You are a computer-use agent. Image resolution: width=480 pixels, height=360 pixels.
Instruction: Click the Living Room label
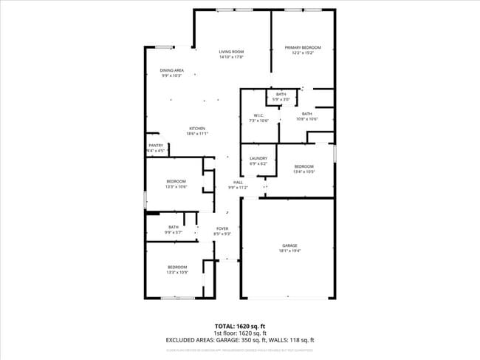[230, 51]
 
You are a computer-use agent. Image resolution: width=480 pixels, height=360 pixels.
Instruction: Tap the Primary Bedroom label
[303, 47]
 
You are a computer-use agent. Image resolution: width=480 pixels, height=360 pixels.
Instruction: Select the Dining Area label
[172, 70]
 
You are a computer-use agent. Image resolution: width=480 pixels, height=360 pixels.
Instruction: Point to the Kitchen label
[196, 129]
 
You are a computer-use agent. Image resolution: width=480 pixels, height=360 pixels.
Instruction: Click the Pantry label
[156, 146]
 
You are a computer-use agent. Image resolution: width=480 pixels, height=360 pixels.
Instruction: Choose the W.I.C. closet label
[259, 115]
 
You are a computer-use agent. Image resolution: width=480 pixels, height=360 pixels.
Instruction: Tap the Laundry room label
[258, 158]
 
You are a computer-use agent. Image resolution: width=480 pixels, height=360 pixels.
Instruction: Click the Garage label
[289, 245]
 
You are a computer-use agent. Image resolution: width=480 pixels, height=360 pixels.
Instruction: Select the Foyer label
[222, 228]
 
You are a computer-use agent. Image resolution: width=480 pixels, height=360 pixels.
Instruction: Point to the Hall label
[238, 182]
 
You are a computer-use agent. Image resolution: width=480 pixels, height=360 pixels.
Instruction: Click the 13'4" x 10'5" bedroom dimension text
[304, 171]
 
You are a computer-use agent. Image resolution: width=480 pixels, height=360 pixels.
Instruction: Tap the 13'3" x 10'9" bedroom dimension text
[176, 273]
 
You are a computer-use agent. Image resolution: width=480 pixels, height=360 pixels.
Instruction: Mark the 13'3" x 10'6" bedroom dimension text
[176, 186]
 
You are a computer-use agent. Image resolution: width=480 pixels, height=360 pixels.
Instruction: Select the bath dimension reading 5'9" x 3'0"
[281, 99]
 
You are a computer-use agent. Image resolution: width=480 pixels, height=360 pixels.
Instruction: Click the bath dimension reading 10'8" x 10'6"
[306, 119]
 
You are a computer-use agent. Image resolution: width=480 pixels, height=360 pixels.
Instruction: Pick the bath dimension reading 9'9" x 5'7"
[174, 232]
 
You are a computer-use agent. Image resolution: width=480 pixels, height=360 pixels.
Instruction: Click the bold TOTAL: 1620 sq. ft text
[239, 326]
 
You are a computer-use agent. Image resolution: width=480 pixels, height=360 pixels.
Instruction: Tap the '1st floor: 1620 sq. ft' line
[239, 333]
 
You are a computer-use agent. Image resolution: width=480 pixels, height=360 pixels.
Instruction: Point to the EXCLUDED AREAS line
[239, 340]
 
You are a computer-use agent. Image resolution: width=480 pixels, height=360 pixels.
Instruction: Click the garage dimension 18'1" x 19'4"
[289, 251]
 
